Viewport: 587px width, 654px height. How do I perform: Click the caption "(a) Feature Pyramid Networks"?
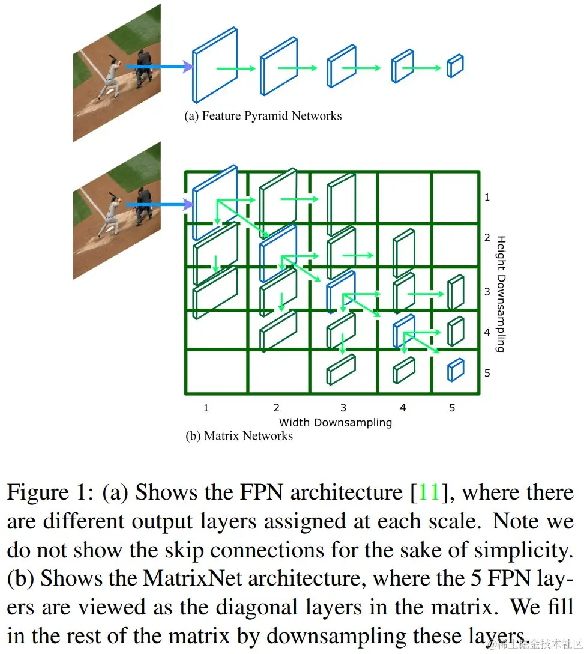[x=262, y=116]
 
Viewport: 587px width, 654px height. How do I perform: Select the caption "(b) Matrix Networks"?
[x=239, y=436]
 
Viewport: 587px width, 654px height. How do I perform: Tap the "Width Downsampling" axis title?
[x=335, y=422]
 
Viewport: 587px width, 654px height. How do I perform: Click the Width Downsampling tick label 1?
[x=206, y=408]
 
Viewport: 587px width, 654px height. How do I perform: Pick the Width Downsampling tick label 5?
[x=452, y=408]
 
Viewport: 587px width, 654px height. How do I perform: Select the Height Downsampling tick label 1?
[x=487, y=197]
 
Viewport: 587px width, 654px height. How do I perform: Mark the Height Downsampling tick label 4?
[x=487, y=332]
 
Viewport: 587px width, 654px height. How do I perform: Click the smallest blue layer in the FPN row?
[x=455, y=66]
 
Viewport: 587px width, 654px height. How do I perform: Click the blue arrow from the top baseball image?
[x=157, y=67]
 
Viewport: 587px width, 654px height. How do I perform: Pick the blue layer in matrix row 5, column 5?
[x=456, y=370]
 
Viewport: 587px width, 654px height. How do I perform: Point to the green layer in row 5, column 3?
[x=340, y=369]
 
